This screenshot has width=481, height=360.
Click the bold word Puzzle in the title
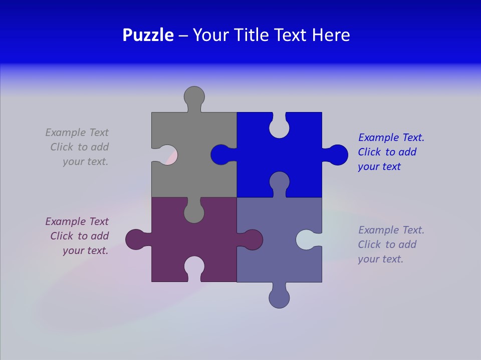[x=148, y=35]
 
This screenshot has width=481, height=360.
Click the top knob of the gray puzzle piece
[x=194, y=96]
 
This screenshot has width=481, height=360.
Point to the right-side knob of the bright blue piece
[x=338, y=154]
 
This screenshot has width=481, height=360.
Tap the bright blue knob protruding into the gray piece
[x=220, y=154]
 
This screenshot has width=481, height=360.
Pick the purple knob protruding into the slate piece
[x=253, y=239]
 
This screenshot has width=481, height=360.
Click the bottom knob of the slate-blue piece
[x=279, y=297]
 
